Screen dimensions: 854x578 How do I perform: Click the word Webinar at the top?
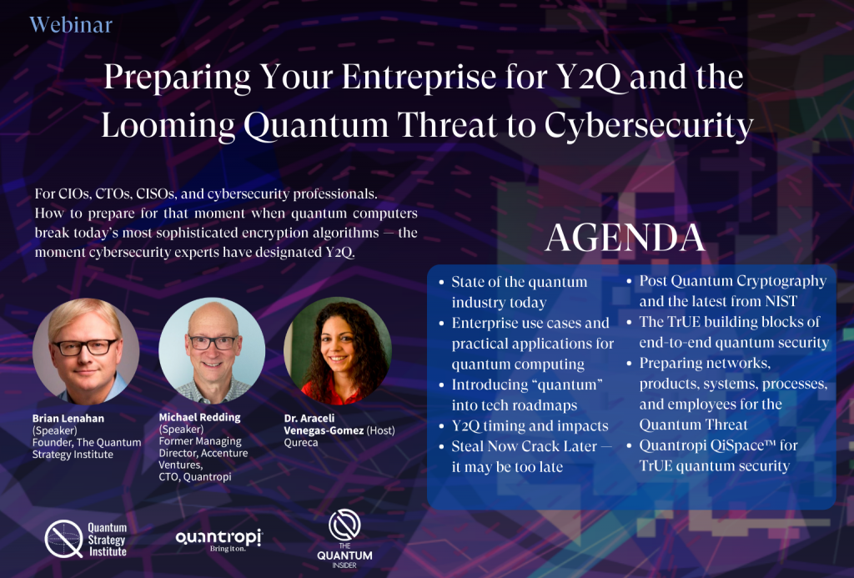[71, 25]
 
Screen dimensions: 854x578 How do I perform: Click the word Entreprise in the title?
[418, 76]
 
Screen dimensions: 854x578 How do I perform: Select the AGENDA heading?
[625, 237]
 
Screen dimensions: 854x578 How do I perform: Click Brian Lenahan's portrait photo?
[86, 350]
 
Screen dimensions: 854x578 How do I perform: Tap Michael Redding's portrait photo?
[212, 350]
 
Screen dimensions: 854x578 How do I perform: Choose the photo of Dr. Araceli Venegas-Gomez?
[338, 350]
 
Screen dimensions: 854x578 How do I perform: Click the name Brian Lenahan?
[68, 419]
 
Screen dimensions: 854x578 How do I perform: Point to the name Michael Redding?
[199, 417]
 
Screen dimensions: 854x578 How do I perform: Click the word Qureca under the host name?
[300, 442]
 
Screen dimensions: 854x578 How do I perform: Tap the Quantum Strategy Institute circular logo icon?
[63, 539]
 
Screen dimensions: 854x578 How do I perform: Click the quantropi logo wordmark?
[219, 538]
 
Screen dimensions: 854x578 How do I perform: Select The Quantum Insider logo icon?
[344, 525]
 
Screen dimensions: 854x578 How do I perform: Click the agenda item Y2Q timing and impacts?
[530, 425]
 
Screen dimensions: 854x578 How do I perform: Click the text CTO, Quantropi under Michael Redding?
[195, 477]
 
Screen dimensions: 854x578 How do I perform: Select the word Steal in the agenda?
[467, 446]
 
